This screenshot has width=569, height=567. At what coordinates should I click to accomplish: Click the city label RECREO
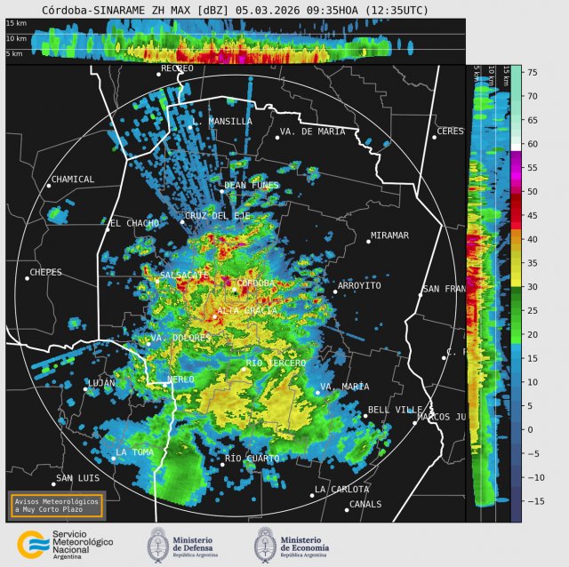tap(177, 68)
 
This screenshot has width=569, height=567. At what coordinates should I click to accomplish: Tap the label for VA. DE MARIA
tap(312, 132)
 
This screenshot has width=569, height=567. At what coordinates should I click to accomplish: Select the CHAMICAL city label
tap(73, 180)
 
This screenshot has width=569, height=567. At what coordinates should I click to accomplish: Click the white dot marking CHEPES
tap(27, 278)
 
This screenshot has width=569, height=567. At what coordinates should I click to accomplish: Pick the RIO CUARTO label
tap(252, 459)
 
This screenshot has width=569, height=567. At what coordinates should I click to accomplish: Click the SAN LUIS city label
tap(76, 478)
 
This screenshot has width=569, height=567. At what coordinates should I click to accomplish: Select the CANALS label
tap(365, 504)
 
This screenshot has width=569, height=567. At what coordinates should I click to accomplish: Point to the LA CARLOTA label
tap(341, 489)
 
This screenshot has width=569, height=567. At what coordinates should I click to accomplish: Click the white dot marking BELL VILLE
tap(365, 415)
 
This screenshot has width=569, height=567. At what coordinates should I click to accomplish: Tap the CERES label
tap(451, 132)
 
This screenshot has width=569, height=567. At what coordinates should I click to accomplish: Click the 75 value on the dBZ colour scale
tap(532, 72)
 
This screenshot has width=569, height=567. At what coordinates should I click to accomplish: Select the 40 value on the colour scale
tap(532, 239)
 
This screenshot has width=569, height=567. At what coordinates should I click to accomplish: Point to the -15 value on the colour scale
tap(533, 501)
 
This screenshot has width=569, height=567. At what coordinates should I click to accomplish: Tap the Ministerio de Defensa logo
tap(158, 543)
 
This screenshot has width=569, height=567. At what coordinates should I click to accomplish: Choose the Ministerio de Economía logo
tap(266, 543)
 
